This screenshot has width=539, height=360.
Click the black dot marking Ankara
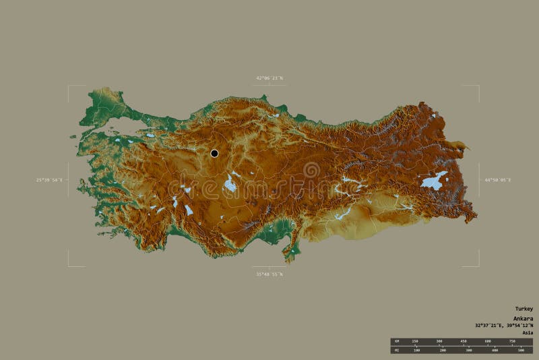(x=214, y=153)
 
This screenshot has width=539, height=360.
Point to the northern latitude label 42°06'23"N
(x=269, y=78)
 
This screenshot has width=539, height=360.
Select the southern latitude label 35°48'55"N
(x=269, y=274)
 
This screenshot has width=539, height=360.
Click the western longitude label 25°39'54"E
(x=49, y=180)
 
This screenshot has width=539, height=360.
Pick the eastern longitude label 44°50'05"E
(x=497, y=180)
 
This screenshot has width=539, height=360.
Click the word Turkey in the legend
(x=524, y=309)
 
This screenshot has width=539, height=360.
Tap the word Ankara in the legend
(x=523, y=318)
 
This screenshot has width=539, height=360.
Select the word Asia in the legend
(x=527, y=332)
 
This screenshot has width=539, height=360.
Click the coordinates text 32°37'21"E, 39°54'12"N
(x=503, y=326)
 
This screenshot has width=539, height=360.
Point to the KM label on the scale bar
(x=396, y=341)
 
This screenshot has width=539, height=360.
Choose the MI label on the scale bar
(x=396, y=350)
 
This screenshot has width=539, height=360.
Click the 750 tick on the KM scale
(x=512, y=341)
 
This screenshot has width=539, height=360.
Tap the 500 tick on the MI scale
(x=521, y=350)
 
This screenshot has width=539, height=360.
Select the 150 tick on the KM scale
(x=415, y=341)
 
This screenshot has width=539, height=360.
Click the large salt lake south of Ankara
(x=230, y=184)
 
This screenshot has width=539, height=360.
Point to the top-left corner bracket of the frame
(x=69, y=86)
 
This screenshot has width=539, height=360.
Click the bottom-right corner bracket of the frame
(x=478, y=265)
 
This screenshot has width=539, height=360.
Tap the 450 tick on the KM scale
(x=464, y=341)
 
